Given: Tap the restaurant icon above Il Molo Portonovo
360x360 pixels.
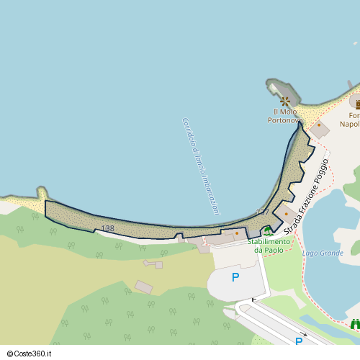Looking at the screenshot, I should (x=285, y=100).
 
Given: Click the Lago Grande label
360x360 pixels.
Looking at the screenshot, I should (x=323, y=253).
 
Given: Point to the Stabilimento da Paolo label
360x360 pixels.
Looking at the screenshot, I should (x=269, y=246).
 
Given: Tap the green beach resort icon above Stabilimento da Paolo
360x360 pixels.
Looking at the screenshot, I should (x=268, y=231).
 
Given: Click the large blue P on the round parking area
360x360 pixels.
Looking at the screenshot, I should (x=235, y=276).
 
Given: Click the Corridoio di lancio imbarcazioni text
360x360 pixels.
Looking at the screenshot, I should (x=201, y=166).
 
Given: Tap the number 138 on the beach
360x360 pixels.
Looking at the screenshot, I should (x=107, y=229).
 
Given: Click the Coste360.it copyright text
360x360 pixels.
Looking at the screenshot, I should (x=34, y=354).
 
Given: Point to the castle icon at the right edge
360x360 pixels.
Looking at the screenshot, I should (x=356, y=103).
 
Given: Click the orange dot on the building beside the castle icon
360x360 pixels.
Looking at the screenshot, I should (x=319, y=125).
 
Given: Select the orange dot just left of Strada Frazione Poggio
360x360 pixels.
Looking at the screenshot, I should (x=286, y=214).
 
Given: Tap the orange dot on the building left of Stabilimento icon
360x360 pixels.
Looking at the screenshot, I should (x=236, y=233).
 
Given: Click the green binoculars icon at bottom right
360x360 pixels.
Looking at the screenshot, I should (x=355, y=325).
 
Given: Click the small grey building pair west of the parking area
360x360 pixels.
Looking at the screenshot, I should (x=153, y=264).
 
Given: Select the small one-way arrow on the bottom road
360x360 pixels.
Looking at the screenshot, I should (x=305, y=334).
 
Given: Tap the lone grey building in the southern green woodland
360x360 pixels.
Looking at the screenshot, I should (x=144, y=287).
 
